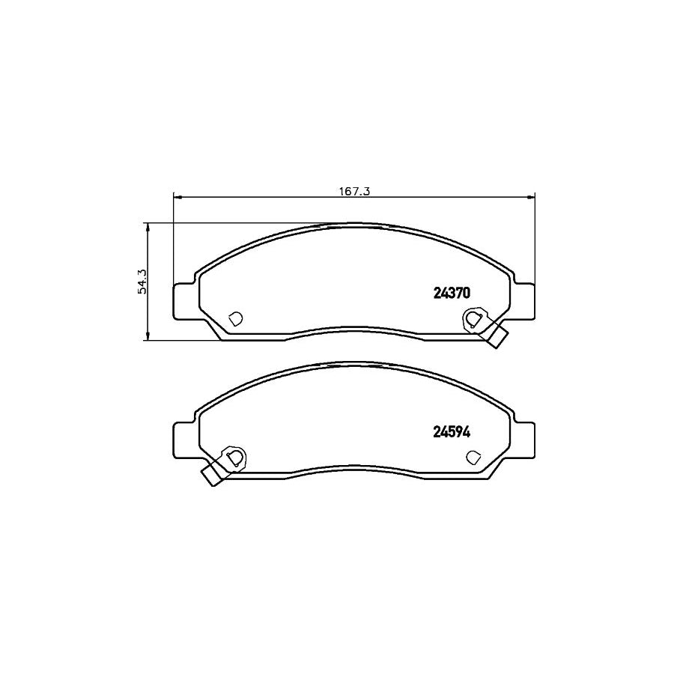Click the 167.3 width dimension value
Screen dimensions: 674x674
click(355, 191)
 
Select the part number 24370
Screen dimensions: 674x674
click(451, 294)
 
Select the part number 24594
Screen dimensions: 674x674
click(451, 431)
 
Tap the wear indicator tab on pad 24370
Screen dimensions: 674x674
click(494, 336)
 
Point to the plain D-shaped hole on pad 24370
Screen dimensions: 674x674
click(234, 319)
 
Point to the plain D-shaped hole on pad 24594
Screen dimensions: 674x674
click(473, 456)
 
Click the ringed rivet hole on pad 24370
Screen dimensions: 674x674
click(473, 319)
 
